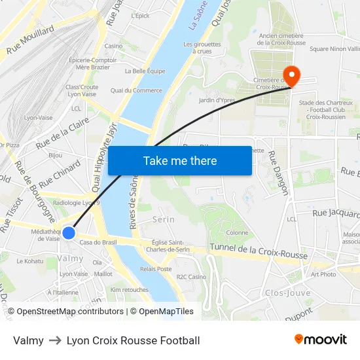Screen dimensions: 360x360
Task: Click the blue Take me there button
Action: coord(180,160)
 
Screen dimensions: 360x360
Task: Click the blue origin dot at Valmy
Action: coord(69,233)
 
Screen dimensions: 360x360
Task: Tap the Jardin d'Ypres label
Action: coord(216,100)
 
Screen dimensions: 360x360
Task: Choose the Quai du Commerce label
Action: coord(136,90)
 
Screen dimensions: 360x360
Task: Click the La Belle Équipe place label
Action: coord(145,71)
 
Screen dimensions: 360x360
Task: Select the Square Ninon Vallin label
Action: coord(334,48)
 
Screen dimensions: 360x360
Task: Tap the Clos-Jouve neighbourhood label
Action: coord(287,293)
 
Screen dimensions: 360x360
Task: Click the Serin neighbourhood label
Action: coord(163,219)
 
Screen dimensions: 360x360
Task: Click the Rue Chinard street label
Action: coord(60,173)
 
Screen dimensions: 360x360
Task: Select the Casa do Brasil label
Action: coord(98,243)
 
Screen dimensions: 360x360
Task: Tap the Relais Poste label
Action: coord(156,268)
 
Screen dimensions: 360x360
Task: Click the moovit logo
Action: coord(321,339)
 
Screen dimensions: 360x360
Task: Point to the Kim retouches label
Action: coord(129,289)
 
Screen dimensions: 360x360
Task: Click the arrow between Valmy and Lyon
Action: coord(55,340)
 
